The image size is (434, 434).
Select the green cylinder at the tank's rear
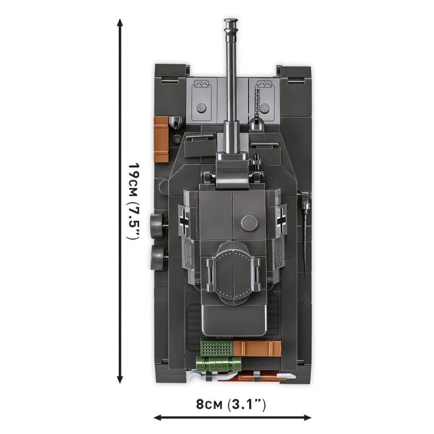coord(218,364)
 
